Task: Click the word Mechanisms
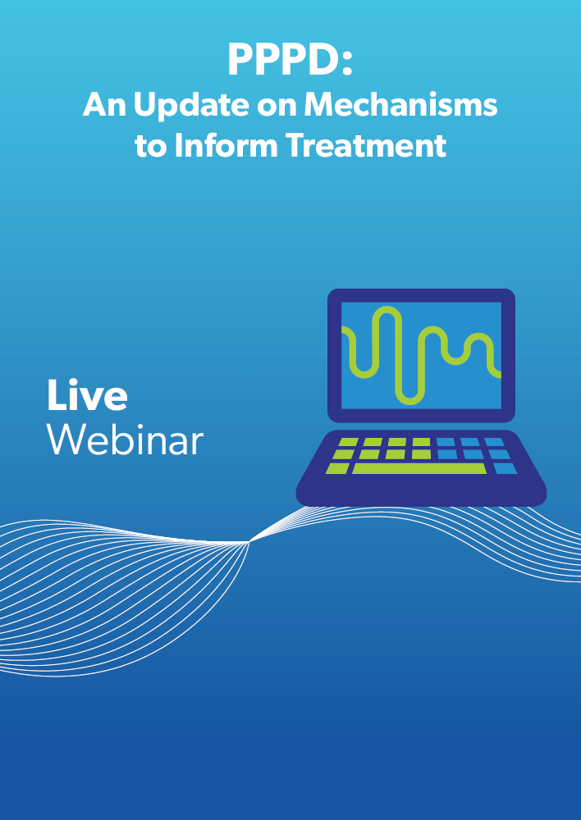[400, 105]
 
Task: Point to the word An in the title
[105, 105]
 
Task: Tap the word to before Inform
[151, 147]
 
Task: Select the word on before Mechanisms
[277, 108]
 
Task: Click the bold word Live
[87, 395]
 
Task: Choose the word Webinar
[125, 440]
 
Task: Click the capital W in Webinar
[66, 440]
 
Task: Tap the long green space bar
[419, 468]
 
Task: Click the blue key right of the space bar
[505, 468]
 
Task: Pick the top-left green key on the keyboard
[348, 443]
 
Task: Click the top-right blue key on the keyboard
[494, 443]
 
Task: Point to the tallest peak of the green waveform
[387, 309]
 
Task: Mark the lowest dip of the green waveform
[409, 402]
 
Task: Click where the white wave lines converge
[249, 542]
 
